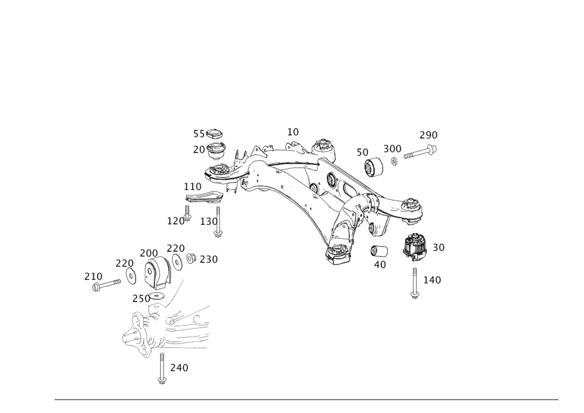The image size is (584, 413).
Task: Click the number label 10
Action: pyautogui.click(x=293, y=131)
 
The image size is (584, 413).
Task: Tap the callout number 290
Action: pyautogui.click(x=428, y=135)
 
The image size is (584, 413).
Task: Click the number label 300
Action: pyautogui.click(x=392, y=148)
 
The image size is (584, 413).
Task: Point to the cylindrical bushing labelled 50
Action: pyautogui.click(x=374, y=168)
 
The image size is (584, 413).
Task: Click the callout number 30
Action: pyautogui.click(x=438, y=248)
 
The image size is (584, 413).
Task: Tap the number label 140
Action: pyautogui.click(x=432, y=280)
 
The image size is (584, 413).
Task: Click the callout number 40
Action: pyautogui.click(x=380, y=264)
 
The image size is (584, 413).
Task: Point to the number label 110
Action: pyautogui.click(x=192, y=187)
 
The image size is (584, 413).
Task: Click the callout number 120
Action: pyautogui.click(x=176, y=221)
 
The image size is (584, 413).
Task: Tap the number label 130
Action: pyautogui.click(x=208, y=221)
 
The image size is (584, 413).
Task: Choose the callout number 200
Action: pyautogui.click(x=148, y=252)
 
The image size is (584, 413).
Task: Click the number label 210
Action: pyautogui.click(x=93, y=276)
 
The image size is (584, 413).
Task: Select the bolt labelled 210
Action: pyautogui.click(x=108, y=285)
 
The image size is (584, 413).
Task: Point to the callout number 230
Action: pyautogui.click(x=140, y=298)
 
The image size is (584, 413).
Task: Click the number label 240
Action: pyautogui.click(x=179, y=368)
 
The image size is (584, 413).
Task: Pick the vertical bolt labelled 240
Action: pyautogui.click(x=161, y=368)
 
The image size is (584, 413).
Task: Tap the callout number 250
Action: pyautogui.click(x=208, y=259)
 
